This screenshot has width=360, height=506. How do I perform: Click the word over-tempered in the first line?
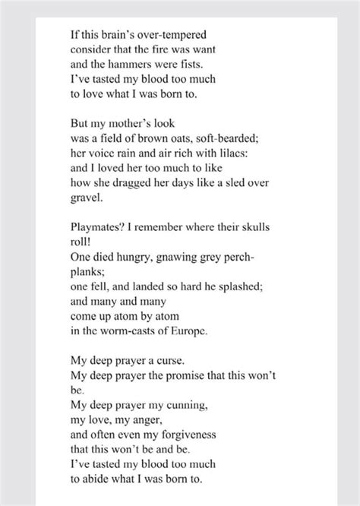(163, 35)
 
